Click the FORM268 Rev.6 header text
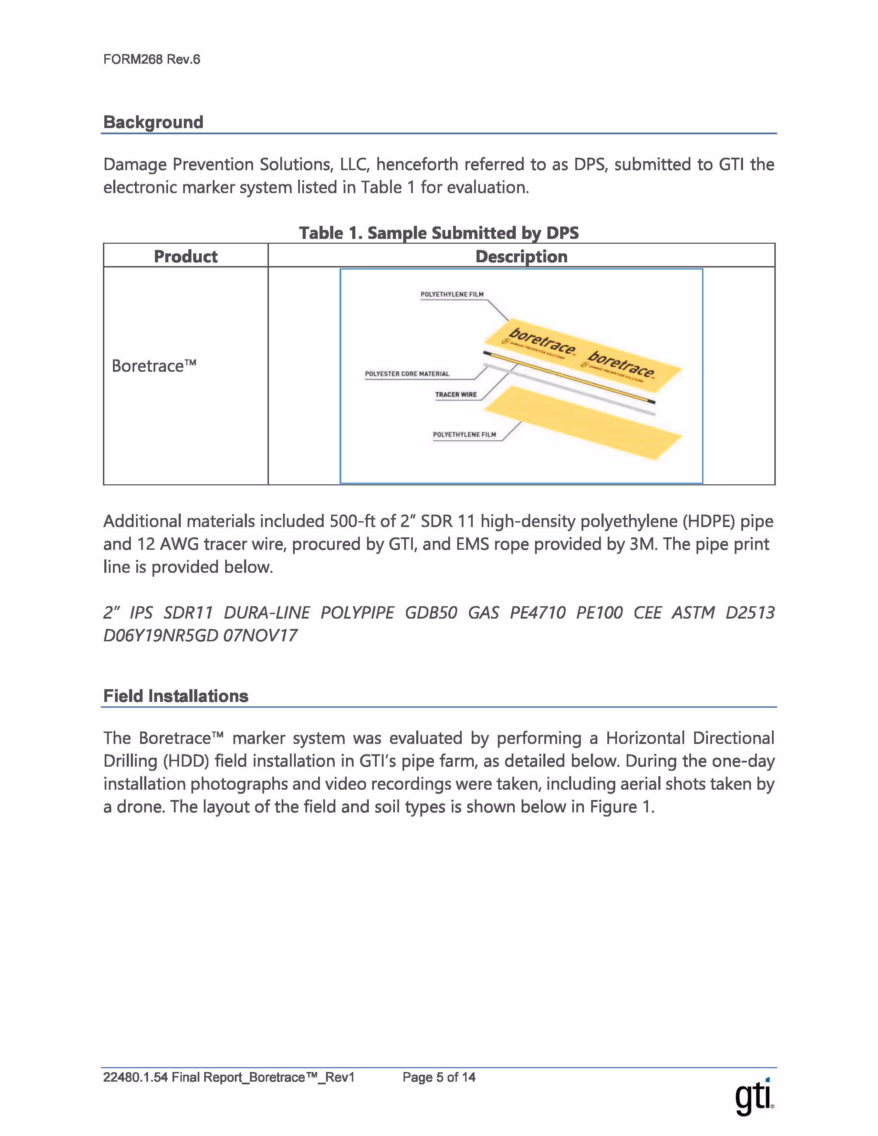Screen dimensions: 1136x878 pos(151,59)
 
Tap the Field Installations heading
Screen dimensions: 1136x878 pos(176,696)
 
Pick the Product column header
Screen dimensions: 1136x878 pos(186,256)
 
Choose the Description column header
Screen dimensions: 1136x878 pos(521,256)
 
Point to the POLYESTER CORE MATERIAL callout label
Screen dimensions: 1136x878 pos(407,374)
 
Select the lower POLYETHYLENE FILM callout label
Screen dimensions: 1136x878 pos(464,434)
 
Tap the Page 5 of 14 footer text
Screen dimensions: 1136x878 pos(438,1077)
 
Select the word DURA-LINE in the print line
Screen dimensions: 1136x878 pos(267,613)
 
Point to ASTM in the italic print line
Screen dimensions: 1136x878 pos(693,613)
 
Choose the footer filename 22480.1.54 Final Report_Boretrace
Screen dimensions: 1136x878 pos(228,1077)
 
